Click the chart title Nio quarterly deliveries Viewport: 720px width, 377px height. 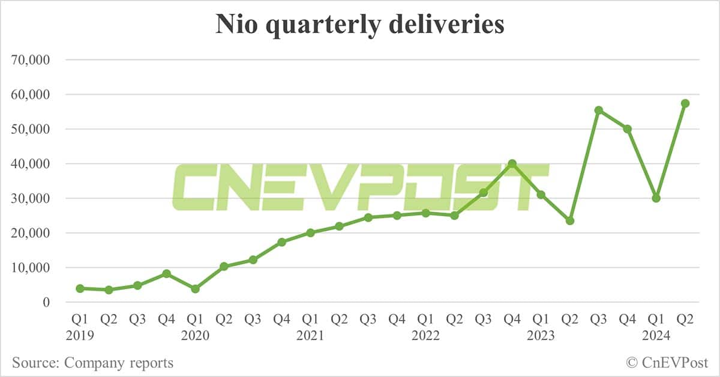359,26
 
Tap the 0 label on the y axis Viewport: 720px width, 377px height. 46,303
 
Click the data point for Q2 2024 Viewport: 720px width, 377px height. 685,103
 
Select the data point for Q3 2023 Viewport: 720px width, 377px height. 598,110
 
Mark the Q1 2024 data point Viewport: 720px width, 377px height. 656,198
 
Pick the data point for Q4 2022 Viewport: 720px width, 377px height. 512,163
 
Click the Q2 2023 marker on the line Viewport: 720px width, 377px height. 569,221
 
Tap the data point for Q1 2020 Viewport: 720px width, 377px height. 195,289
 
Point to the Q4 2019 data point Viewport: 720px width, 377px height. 166,274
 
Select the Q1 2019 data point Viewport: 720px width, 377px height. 80,288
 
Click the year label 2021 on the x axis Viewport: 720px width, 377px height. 310,336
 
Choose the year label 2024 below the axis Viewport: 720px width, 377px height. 656,336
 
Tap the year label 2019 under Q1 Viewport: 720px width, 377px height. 80,336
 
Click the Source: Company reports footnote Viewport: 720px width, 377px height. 92,363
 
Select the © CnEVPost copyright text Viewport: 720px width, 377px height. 667,363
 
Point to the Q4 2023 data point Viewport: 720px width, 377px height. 627,129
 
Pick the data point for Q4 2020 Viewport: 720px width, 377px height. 281,242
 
